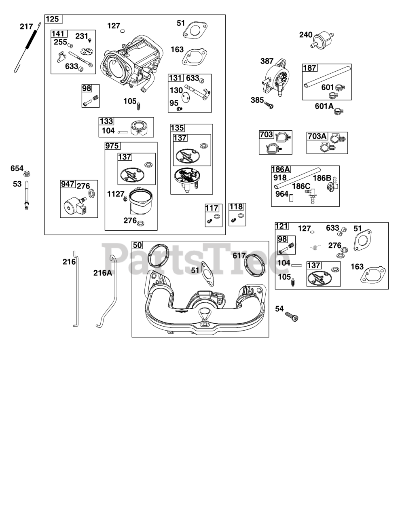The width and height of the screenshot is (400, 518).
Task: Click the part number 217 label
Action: (x=26, y=26)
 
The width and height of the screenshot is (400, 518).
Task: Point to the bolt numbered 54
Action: (x=292, y=317)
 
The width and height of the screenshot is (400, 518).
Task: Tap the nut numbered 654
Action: (x=27, y=174)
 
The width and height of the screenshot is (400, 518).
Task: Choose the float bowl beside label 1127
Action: (x=141, y=200)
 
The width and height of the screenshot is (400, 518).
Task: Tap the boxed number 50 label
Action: (x=137, y=245)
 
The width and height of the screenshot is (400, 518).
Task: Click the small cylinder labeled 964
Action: (x=291, y=198)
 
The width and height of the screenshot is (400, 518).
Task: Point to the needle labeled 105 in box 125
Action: (x=139, y=105)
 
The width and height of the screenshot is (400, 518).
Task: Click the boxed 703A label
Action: (x=317, y=136)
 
